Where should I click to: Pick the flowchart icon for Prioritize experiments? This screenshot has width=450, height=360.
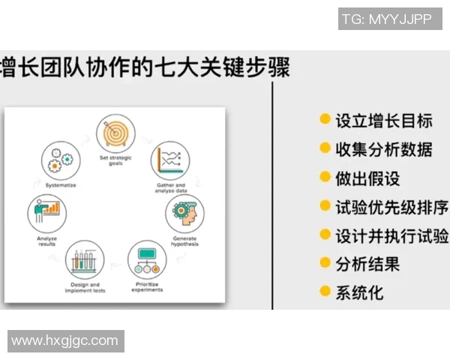tap(147, 259)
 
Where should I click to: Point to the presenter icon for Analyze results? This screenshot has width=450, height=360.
tap(47, 213)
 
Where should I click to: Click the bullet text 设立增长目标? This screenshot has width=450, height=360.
tap(383, 120)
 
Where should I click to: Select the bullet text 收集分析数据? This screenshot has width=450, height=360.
tap(383, 148)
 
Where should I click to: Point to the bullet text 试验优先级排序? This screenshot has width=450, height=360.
tap(391, 206)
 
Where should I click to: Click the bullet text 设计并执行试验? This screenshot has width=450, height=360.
tap(391, 235)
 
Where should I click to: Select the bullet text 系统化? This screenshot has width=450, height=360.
tap(358, 292)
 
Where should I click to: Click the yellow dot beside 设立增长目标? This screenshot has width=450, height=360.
tap(325, 119)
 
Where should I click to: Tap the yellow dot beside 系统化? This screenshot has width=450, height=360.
tap(325, 291)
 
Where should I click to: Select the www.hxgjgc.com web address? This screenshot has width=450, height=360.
tap(65, 340)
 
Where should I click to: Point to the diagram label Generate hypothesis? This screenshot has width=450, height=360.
tap(184, 241)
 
